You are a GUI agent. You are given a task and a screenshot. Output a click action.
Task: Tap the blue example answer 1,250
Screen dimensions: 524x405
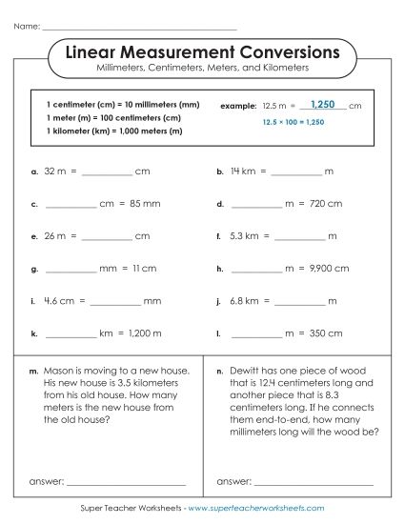click(x=324, y=103)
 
